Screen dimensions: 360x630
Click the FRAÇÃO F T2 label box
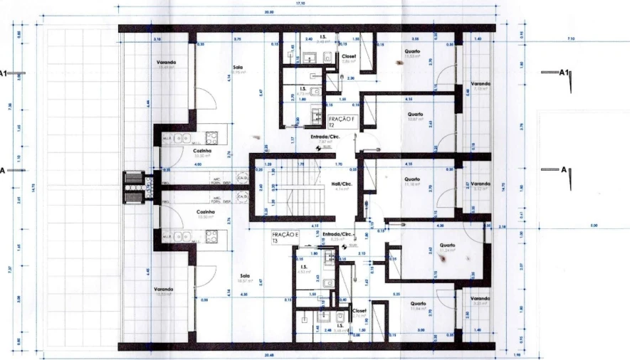(337, 120)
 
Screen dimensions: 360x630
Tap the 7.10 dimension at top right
(571, 39)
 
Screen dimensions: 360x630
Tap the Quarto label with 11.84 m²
(418, 305)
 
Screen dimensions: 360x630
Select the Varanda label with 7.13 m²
(480, 85)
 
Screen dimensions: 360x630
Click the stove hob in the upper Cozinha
(211, 137)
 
